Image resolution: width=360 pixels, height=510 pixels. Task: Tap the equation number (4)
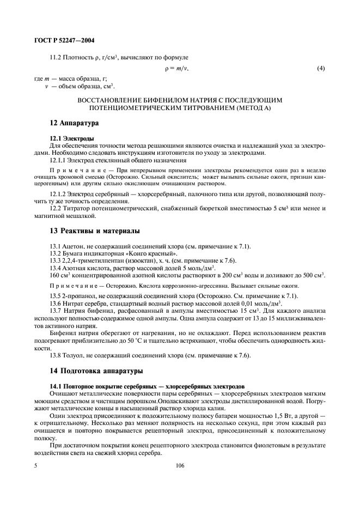(321, 69)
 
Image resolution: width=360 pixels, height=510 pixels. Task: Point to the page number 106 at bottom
(180, 466)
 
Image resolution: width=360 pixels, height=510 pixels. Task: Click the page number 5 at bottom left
(35, 466)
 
